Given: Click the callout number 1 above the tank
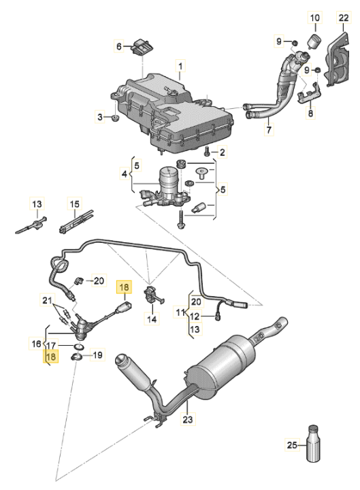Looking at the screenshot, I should pos(181,66).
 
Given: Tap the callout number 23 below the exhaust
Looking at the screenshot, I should pos(189,420).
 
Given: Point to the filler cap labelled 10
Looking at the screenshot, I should pos(315,41).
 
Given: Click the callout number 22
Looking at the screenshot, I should pos(342,17).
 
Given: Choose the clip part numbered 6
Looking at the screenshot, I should pos(142,48).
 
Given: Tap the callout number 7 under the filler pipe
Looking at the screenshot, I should pos(268,129).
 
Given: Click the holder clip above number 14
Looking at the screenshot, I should pos(151,296).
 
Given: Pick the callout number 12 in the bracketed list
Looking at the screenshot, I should pos(195,316).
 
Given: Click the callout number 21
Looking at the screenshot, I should pos(46,300).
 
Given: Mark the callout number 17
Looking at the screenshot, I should pos(52,346).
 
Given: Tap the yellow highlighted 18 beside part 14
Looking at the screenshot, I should pos(124,287).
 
